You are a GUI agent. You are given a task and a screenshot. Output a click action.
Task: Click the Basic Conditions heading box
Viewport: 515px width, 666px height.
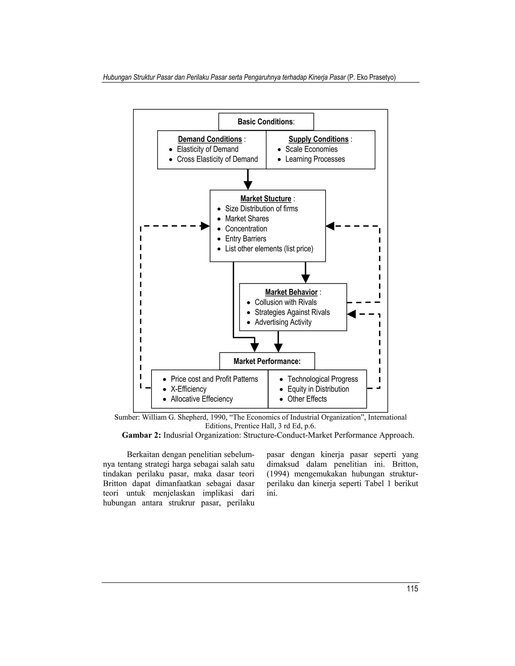click(x=266, y=122)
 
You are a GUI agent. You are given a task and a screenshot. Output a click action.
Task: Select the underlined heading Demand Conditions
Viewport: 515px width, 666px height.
click(x=210, y=139)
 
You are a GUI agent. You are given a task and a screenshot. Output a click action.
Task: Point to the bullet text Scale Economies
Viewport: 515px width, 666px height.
click(x=311, y=150)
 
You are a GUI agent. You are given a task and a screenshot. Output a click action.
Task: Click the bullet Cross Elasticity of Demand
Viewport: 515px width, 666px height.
click(x=217, y=159)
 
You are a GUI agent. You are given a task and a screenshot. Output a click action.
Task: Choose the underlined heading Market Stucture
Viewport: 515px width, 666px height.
click(x=266, y=199)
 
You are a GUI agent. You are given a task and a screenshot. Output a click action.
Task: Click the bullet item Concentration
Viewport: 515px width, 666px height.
click(x=246, y=229)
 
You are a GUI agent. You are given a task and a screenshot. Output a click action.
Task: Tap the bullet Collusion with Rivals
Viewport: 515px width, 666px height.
click(x=286, y=302)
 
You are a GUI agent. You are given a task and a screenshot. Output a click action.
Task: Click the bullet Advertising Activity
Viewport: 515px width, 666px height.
click(x=283, y=322)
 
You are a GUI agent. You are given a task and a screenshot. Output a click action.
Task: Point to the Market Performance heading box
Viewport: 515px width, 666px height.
click(x=267, y=361)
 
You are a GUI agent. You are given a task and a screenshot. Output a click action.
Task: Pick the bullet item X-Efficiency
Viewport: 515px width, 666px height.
click(x=188, y=389)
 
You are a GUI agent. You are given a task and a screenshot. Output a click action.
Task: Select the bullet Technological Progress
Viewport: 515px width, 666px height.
click(x=322, y=379)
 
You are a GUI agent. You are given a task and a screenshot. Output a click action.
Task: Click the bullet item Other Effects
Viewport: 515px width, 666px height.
click(x=307, y=399)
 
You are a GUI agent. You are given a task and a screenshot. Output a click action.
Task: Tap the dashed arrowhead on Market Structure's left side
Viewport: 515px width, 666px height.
click(x=205, y=226)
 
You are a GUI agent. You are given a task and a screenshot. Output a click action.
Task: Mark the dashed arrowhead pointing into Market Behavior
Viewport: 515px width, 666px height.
click(x=352, y=314)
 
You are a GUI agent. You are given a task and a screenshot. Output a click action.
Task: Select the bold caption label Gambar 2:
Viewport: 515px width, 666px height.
click(x=141, y=435)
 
